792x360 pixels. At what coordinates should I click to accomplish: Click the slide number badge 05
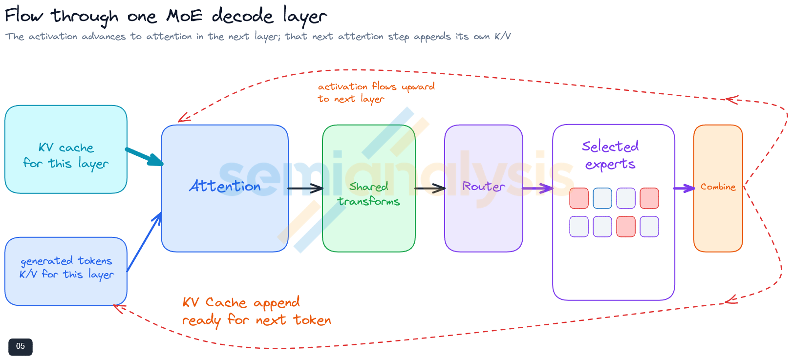tap(21, 346)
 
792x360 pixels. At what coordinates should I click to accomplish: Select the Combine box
tap(718, 188)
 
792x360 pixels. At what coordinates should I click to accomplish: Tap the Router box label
tap(483, 187)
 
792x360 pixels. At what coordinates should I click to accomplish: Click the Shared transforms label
tap(368, 194)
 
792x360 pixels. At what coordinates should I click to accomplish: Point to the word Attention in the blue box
tap(225, 186)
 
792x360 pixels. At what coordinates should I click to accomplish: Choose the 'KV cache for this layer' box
tap(66, 149)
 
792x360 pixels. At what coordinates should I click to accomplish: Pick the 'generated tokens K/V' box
tap(66, 271)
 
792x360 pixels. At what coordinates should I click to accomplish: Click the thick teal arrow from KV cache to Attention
tap(144, 157)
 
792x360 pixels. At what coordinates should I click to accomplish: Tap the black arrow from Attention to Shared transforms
tap(305, 189)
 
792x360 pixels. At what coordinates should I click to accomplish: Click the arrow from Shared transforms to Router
tap(430, 189)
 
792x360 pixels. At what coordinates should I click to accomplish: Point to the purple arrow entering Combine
tap(684, 189)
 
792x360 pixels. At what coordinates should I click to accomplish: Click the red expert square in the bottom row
tap(626, 226)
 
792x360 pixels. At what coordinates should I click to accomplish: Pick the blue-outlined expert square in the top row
tap(602, 198)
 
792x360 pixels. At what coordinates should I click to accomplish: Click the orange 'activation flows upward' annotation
tap(376, 92)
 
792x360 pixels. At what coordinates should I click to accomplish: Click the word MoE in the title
tap(184, 16)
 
